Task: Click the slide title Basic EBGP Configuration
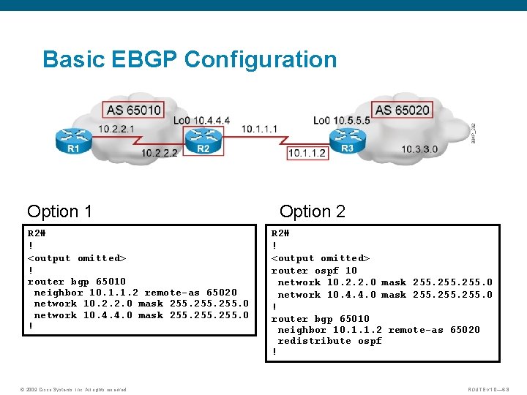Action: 190,59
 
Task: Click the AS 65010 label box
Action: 134,110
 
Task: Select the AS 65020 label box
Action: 402,110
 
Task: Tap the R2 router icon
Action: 203,138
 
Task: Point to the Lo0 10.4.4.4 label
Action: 201,120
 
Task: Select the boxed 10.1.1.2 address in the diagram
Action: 307,153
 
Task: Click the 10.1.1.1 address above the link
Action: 259,129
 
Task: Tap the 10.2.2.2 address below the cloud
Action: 160,153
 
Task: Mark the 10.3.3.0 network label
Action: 419,149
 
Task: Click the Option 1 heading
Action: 59,211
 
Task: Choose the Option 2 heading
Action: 313,211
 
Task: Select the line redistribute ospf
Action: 329,341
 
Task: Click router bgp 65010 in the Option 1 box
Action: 76,281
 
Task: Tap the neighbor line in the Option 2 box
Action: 378,329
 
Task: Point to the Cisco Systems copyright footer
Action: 73,389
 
